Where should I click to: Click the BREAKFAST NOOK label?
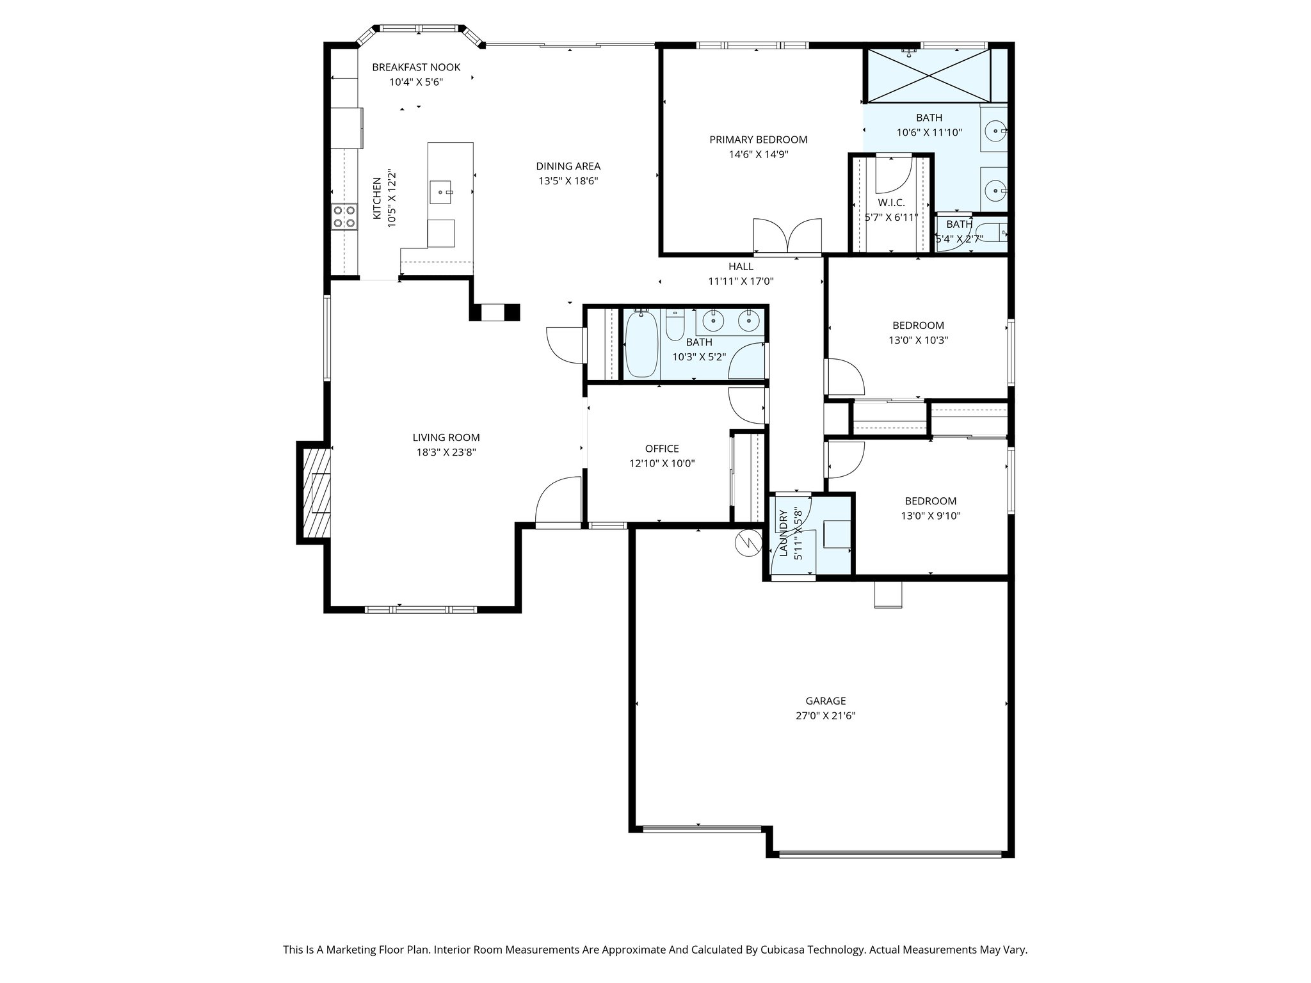pos(416,67)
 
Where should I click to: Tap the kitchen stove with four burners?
pos(344,216)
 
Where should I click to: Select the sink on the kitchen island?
pos(442,191)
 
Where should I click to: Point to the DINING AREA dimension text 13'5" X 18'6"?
pos(568,181)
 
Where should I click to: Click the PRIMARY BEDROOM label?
pos(758,140)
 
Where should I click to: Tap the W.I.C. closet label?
pos(891,203)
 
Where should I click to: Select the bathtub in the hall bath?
pos(641,344)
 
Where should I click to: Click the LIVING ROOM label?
pos(446,438)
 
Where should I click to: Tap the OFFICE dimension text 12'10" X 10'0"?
pos(662,463)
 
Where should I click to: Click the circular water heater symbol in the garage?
pos(746,543)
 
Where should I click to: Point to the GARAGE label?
pos(825,701)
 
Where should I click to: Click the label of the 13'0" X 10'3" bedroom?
pos(918,325)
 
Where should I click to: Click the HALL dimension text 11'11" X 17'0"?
pos(741,281)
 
